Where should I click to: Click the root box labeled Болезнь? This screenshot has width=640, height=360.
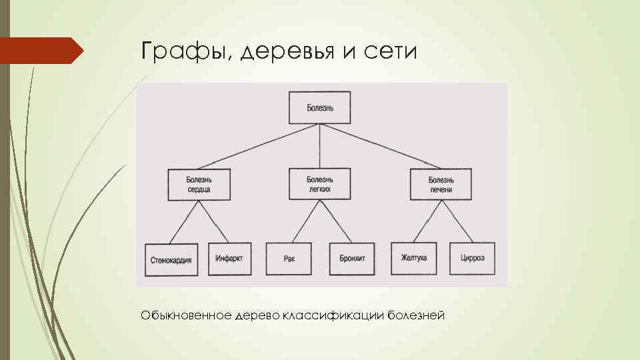click(319, 107)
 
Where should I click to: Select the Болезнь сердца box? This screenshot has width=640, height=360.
click(199, 185)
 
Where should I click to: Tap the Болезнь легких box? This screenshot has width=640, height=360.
click(319, 185)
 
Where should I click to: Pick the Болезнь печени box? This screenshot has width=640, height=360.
click(441, 185)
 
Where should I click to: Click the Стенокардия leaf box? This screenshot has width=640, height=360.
click(171, 259)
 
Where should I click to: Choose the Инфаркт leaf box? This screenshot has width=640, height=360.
click(229, 259)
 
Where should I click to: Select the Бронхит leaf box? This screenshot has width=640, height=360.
click(352, 259)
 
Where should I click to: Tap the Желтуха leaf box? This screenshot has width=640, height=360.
click(414, 259)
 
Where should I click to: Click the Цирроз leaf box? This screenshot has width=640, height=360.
click(472, 259)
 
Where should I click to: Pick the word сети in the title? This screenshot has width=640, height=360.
click(390, 52)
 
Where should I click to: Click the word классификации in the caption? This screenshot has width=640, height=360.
click(331, 314)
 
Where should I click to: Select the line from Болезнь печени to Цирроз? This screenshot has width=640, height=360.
click(457, 222)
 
